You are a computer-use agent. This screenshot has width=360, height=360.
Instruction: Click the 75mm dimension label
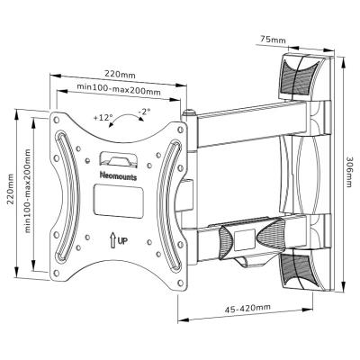click(273, 40)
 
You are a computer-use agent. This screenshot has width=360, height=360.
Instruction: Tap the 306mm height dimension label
click(349, 172)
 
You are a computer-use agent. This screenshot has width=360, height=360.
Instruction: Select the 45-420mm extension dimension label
click(247, 308)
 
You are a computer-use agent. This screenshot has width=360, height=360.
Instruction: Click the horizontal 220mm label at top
click(120, 74)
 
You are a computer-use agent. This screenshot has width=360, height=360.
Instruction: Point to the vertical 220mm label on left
click(11, 188)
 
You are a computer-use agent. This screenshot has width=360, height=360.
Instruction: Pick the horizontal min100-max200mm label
click(119, 89)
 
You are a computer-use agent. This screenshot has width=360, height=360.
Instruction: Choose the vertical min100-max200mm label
click(28, 191)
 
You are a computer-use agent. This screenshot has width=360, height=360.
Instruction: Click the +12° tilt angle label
click(103, 117)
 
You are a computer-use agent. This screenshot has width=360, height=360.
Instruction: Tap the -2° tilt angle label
click(144, 112)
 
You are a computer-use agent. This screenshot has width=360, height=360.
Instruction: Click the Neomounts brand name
click(118, 176)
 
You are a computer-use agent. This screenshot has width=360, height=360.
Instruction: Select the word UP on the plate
click(122, 241)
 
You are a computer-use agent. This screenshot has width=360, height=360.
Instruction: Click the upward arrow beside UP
click(112, 241)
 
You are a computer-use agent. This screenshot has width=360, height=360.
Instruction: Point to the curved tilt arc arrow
click(126, 119)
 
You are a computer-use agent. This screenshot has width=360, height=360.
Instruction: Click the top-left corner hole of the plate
click(56, 120)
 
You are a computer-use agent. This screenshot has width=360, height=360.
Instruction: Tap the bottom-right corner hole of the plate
click(180, 283)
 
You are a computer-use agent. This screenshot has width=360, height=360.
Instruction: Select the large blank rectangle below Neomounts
click(118, 201)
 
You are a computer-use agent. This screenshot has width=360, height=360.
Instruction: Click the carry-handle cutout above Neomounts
click(119, 158)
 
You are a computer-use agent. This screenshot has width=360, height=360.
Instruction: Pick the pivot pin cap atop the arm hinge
click(189, 113)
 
